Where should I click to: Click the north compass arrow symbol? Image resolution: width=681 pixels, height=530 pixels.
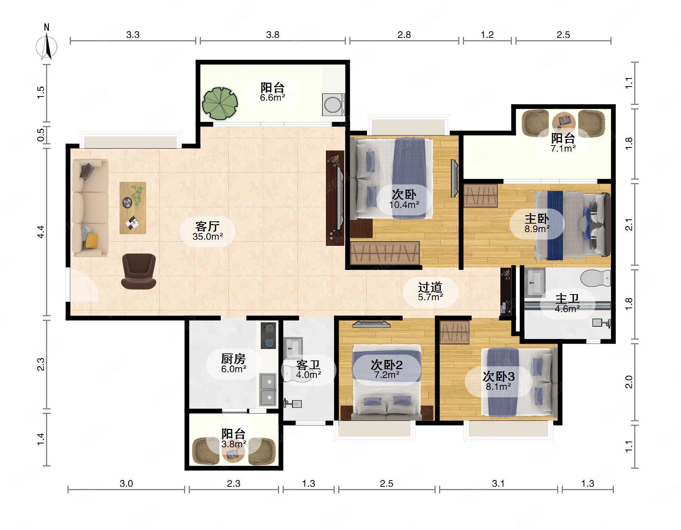(x=47, y=46)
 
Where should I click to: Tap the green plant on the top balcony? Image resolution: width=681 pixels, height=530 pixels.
(x=220, y=103)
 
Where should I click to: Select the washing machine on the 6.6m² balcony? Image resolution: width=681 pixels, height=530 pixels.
(x=333, y=104)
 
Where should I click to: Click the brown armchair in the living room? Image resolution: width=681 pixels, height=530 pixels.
(x=139, y=271)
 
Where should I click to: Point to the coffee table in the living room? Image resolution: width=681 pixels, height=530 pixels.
(x=133, y=208)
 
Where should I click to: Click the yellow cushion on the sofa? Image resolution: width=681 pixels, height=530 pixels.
(x=92, y=240)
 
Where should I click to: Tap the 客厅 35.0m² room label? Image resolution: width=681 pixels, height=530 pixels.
(x=207, y=231)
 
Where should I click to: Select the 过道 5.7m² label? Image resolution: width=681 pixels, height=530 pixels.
(x=430, y=291)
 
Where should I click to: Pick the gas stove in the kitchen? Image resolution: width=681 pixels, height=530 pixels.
(x=268, y=335)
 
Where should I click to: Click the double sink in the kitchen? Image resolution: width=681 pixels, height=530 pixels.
(x=268, y=389)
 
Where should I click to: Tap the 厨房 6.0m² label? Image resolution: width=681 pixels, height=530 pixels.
(x=234, y=363)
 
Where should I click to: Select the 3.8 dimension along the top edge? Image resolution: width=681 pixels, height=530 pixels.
(x=273, y=35)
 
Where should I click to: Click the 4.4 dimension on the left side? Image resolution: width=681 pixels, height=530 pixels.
(x=41, y=232)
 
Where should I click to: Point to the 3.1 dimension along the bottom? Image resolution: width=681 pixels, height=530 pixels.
(x=498, y=484)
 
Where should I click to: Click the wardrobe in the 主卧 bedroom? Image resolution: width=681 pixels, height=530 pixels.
(x=480, y=196)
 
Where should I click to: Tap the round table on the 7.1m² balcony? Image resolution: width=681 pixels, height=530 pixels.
(x=564, y=121)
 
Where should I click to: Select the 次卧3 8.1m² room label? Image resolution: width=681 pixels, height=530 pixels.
(x=498, y=381)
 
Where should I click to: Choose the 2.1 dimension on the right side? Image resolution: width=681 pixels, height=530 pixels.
(x=629, y=224)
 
